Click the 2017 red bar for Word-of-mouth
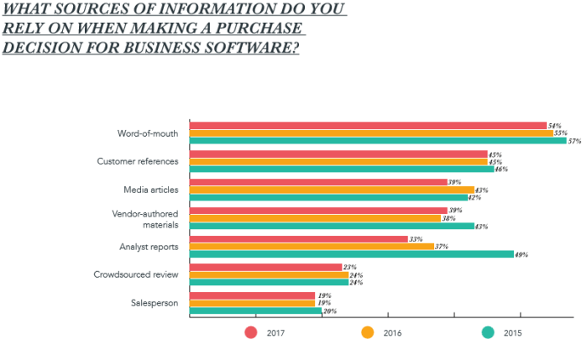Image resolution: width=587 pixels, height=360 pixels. (x=368, y=126)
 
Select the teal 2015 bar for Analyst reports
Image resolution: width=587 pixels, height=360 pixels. (x=351, y=253)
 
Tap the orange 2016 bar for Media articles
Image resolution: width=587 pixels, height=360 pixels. (x=332, y=190)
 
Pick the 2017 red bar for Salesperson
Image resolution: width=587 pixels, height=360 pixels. (x=252, y=295)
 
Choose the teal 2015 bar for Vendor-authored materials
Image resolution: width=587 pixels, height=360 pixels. (x=332, y=226)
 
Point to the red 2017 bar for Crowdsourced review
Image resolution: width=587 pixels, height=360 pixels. (x=265, y=267)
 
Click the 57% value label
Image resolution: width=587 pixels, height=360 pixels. (x=575, y=141)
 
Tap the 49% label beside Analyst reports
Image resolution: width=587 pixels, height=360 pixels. (x=521, y=254)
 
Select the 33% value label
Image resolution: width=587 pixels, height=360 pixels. (x=415, y=239)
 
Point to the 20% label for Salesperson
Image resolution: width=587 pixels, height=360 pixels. (x=330, y=311)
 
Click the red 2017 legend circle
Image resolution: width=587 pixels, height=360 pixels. (x=250, y=332)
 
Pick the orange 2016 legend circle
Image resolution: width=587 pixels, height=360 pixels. (x=367, y=332)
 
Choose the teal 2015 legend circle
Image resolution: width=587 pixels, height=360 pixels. (x=487, y=332)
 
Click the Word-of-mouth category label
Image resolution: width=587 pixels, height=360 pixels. (x=147, y=133)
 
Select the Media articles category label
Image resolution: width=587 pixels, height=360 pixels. (x=150, y=190)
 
